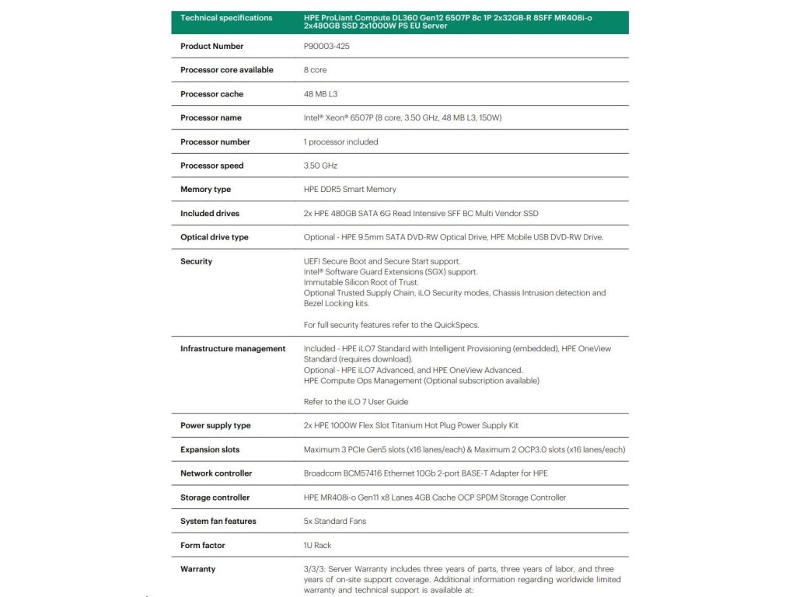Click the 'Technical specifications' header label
pyautogui.click(x=226, y=18)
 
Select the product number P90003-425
pyautogui.click(x=327, y=47)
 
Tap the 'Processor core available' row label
pyautogui.click(x=226, y=70)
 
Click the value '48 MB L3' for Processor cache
pyautogui.click(x=320, y=94)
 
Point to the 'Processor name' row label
pyautogui.click(x=211, y=118)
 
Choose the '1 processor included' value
pyautogui.click(x=340, y=142)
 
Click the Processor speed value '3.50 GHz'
pyautogui.click(x=320, y=166)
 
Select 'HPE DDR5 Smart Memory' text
pyautogui.click(x=350, y=190)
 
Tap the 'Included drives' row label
pyautogui.click(x=210, y=214)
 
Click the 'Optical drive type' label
pyautogui.click(x=215, y=238)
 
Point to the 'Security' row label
pyautogui.click(x=196, y=262)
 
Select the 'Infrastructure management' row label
pyautogui.click(x=232, y=349)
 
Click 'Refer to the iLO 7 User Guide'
pyautogui.click(x=355, y=402)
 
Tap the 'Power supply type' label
pyautogui.click(x=215, y=426)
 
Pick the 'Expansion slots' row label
pyautogui.click(x=210, y=450)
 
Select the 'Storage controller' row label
pyautogui.click(x=215, y=497)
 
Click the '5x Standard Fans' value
pyautogui.click(x=334, y=522)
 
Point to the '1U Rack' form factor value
pyautogui.click(x=317, y=546)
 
